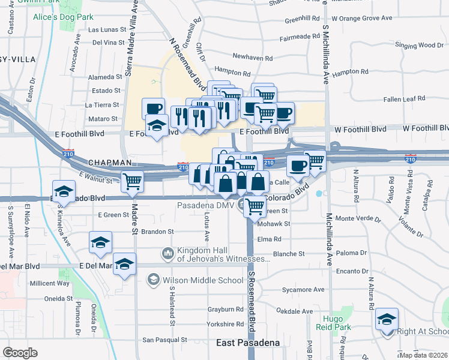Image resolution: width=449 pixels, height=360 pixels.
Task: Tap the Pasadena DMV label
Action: point(205,205)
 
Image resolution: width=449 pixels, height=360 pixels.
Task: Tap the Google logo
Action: point(20,353)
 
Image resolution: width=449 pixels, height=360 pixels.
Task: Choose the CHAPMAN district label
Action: point(109,163)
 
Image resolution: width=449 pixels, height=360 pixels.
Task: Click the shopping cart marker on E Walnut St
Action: point(132,180)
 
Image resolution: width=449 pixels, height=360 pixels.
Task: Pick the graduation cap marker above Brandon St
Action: point(100,242)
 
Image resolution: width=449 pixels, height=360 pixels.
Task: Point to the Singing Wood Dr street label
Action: point(419,45)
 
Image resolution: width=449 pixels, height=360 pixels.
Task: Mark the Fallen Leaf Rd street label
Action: point(404,98)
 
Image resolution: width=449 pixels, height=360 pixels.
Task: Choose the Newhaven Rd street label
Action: point(252,57)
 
